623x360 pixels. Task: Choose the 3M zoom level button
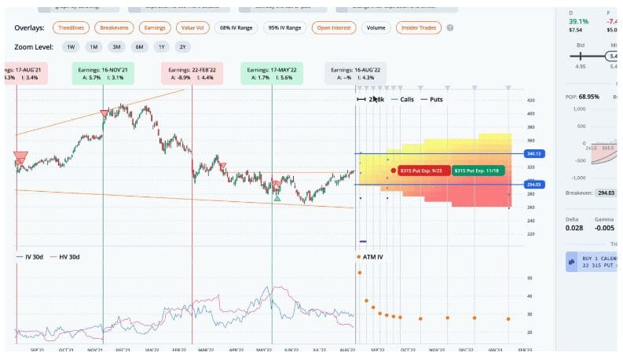point(116,47)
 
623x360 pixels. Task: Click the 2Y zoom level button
point(183,47)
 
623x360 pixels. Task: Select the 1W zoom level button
point(71,47)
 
